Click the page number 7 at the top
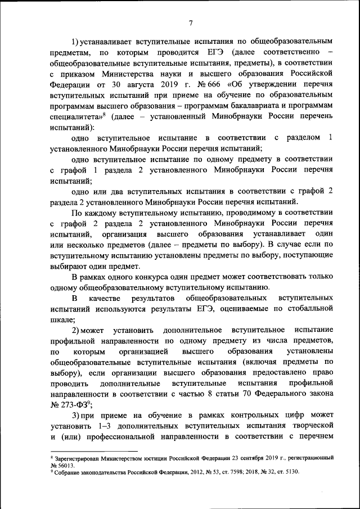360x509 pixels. click(x=191, y=23)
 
